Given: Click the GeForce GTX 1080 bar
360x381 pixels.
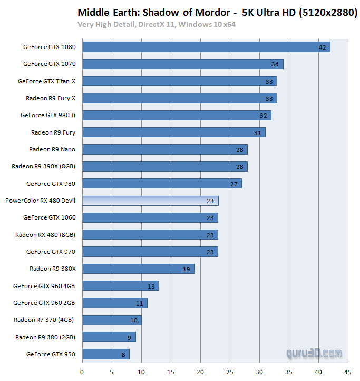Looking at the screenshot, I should (206, 47).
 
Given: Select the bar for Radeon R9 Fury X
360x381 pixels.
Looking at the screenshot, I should (179, 98).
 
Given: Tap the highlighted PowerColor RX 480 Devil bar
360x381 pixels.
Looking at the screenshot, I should (150, 201).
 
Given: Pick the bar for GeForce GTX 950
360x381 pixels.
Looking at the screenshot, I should (105, 354).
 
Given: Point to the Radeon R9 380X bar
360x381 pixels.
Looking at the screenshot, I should (138, 269).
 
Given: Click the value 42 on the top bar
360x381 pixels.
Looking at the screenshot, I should (323, 47).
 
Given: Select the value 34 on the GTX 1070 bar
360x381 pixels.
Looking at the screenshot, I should (275, 64).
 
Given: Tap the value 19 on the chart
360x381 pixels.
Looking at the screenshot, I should (187, 269).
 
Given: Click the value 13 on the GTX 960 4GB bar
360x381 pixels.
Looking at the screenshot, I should (151, 286).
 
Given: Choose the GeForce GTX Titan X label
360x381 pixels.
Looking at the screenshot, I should (46, 81).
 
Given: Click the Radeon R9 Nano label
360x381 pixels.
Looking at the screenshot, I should (52, 149).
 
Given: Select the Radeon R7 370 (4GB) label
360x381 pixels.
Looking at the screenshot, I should (44, 320).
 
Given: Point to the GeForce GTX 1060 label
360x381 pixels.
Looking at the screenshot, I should (49, 217).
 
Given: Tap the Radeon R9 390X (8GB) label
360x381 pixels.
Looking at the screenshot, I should (43, 166).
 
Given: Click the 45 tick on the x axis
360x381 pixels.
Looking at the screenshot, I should (347, 372).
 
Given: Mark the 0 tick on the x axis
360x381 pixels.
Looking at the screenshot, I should (82, 372).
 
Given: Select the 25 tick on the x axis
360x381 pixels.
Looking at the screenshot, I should (229, 372).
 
